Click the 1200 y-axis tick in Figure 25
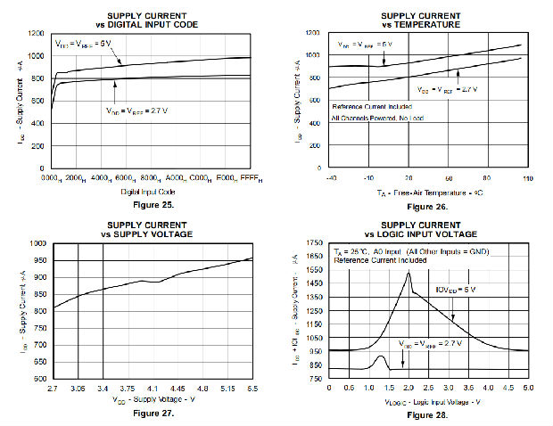point(37,33)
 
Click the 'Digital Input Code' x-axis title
point(148,191)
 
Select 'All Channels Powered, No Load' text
point(378,117)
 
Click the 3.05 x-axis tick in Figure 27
point(79,388)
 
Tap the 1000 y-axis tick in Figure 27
point(37,243)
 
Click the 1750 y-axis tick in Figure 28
point(314,243)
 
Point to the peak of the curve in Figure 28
point(409,273)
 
